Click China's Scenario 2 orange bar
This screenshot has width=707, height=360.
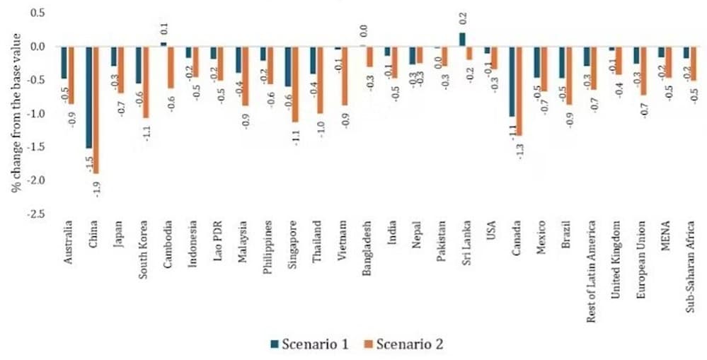[96, 110]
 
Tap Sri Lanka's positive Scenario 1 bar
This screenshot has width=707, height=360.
[462, 40]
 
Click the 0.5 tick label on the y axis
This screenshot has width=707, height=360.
[37, 13]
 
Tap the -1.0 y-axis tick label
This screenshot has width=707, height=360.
[35, 114]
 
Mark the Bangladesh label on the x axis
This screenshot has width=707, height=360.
[367, 248]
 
